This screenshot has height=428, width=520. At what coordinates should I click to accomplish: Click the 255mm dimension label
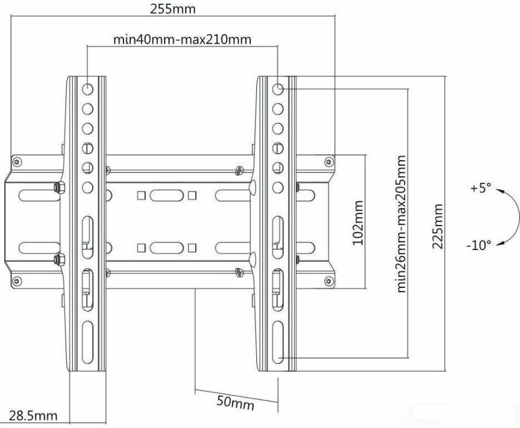173,9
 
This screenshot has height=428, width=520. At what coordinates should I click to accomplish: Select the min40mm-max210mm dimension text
182,40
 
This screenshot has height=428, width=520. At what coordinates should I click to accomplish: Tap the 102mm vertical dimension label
357,223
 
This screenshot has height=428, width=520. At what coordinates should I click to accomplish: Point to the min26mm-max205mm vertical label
401,224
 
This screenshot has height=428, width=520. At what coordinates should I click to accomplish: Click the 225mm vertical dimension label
437,226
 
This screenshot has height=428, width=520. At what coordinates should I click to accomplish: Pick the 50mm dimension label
236,402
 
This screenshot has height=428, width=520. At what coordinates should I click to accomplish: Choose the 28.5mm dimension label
33,415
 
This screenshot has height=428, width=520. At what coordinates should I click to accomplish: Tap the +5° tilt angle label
480,188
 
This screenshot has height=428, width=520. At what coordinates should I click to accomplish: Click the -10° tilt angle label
478,246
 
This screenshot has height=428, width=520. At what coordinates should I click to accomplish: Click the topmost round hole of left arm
87,89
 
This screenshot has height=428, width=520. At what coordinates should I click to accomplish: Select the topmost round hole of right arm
278,89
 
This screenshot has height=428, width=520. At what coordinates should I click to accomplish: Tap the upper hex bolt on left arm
59,188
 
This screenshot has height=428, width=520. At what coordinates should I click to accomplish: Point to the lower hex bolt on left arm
59,259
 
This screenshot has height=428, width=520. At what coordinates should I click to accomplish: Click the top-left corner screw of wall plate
17,162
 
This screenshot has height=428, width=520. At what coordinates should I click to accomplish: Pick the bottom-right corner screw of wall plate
329,281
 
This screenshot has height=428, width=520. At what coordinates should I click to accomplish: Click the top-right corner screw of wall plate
329,162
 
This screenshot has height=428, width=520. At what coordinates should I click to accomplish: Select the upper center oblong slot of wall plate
166,196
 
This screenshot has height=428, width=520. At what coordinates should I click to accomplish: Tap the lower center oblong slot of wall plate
166,248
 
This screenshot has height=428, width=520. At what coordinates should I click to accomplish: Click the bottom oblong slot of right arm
278,342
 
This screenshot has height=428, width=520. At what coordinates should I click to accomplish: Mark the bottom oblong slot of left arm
87,342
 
